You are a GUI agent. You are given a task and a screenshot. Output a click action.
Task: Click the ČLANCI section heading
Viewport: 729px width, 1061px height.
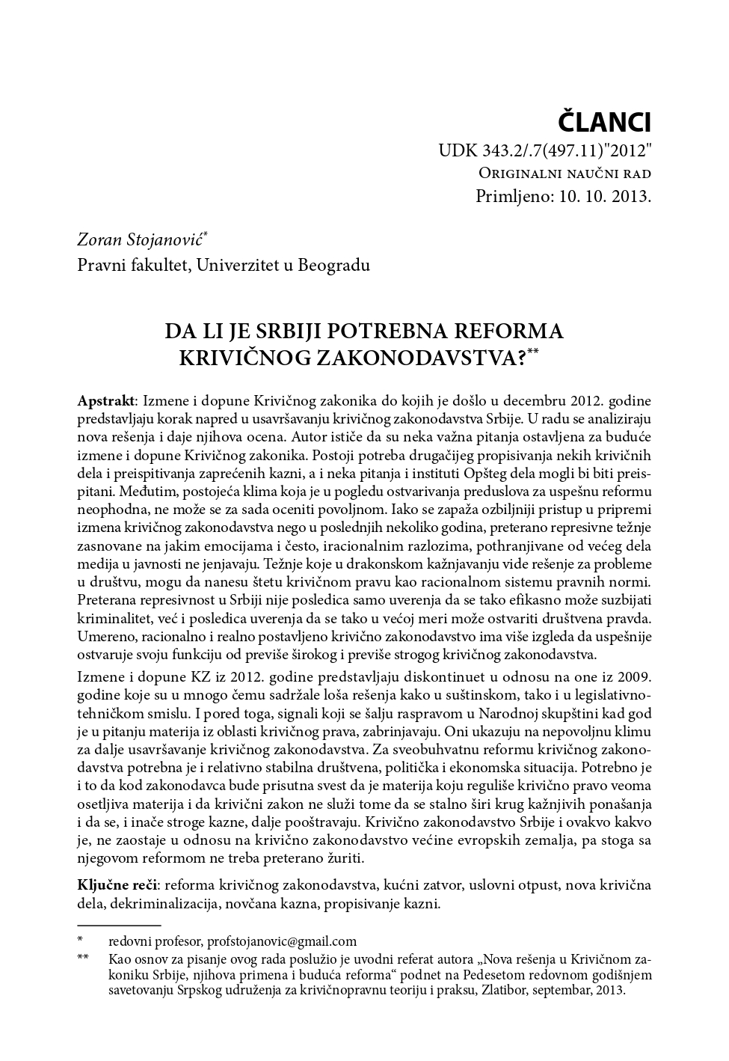[606, 121]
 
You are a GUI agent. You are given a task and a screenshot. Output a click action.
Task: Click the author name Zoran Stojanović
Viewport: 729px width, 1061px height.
[141, 239]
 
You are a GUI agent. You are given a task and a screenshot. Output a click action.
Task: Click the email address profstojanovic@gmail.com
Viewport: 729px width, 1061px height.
[282, 941]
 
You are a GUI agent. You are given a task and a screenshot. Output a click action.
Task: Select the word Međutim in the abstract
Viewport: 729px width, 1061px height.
[103, 492]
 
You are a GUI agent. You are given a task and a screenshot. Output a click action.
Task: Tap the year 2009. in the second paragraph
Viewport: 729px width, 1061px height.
[633, 677]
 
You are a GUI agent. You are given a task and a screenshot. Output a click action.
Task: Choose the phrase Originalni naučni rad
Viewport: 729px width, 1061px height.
[565, 174]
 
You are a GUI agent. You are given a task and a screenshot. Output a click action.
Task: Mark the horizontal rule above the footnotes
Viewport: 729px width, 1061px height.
[120, 926]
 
